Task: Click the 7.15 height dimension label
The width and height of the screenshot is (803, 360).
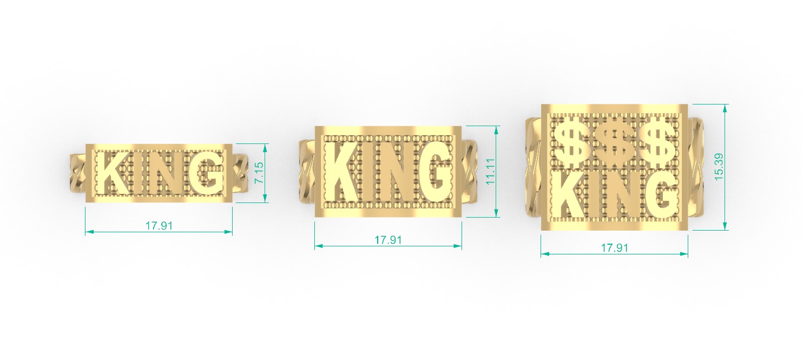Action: tap(260, 173)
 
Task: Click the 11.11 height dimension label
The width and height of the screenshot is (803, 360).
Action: tap(491, 172)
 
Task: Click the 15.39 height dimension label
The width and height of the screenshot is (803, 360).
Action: tap(719, 167)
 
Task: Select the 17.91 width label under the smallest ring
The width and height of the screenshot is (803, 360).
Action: tap(159, 226)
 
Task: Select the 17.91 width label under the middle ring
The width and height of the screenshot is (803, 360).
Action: tap(388, 240)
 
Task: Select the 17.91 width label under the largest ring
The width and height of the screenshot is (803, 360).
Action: tap(615, 247)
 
